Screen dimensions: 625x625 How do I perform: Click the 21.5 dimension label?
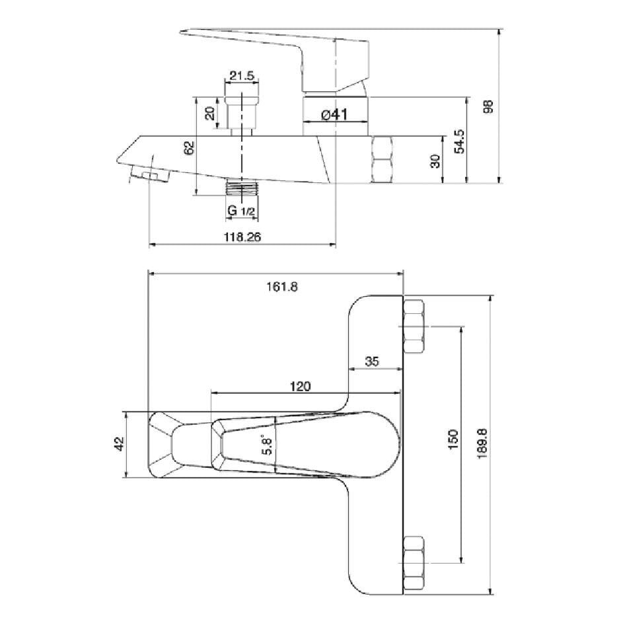pos(242,75)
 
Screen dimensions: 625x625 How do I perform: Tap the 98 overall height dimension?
pos(489,107)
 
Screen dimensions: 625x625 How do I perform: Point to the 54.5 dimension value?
pos(460,141)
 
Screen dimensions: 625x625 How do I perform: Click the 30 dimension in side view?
pos(435,161)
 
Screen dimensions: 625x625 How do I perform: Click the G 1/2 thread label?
pos(241,211)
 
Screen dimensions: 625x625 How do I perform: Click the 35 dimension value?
pos(372,361)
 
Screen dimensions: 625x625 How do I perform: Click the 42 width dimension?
pos(119,444)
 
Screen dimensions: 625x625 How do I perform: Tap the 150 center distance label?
pos(453,440)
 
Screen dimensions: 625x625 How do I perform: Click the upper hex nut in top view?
pos(414,326)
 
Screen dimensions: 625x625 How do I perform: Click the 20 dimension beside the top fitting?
pos(211,112)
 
